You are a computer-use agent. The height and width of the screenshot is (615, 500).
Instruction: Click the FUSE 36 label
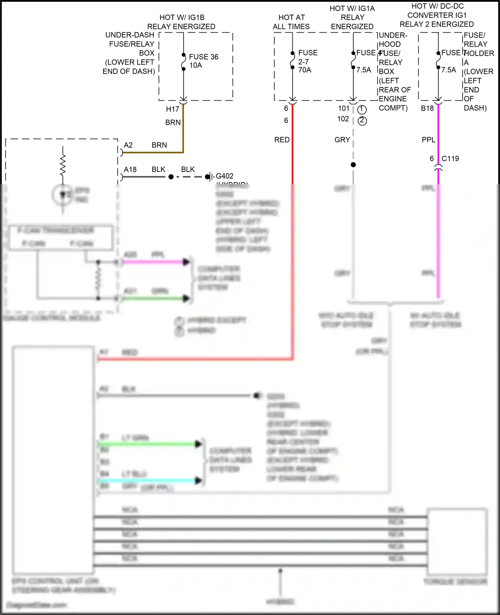(x=203, y=57)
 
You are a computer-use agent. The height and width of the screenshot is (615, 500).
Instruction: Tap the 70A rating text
(x=304, y=70)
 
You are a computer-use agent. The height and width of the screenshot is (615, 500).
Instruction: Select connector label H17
(x=172, y=109)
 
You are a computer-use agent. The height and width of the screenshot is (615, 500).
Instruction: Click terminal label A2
(x=128, y=145)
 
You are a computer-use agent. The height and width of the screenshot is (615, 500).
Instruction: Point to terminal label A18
(x=130, y=170)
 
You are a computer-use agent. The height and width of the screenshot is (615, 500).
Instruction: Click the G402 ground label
(x=224, y=176)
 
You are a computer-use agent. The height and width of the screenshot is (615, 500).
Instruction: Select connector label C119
(x=450, y=159)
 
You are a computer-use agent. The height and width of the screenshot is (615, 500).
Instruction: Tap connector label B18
(x=427, y=108)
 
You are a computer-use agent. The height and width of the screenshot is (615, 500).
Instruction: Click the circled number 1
(x=362, y=109)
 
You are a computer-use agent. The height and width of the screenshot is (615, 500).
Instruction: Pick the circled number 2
(x=362, y=121)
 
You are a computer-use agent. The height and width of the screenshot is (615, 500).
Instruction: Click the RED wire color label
(x=282, y=140)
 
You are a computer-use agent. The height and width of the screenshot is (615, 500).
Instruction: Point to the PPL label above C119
(x=428, y=140)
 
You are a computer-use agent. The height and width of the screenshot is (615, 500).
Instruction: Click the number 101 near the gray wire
(x=343, y=108)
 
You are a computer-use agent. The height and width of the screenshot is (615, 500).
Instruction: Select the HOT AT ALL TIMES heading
(x=291, y=22)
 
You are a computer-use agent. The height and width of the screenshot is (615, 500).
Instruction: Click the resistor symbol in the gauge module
(x=63, y=165)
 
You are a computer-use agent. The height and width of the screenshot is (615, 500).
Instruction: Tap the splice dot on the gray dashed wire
(x=353, y=165)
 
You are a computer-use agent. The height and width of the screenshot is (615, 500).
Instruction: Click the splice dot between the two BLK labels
(x=171, y=177)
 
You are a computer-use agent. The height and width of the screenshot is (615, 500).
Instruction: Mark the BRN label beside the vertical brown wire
(x=173, y=123)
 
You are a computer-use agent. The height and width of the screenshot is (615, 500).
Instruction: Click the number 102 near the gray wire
(x=343, y=119)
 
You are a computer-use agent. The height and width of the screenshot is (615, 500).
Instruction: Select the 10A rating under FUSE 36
(x=196, y=65)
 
